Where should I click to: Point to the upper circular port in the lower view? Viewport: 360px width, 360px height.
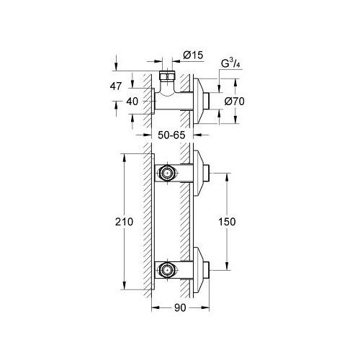pos(167,173)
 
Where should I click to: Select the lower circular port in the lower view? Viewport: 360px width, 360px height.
pos(167,271)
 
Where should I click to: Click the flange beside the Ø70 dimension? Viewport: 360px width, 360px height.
pos(198,101)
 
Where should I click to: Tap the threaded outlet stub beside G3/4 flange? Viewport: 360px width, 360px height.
pos(207,101)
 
